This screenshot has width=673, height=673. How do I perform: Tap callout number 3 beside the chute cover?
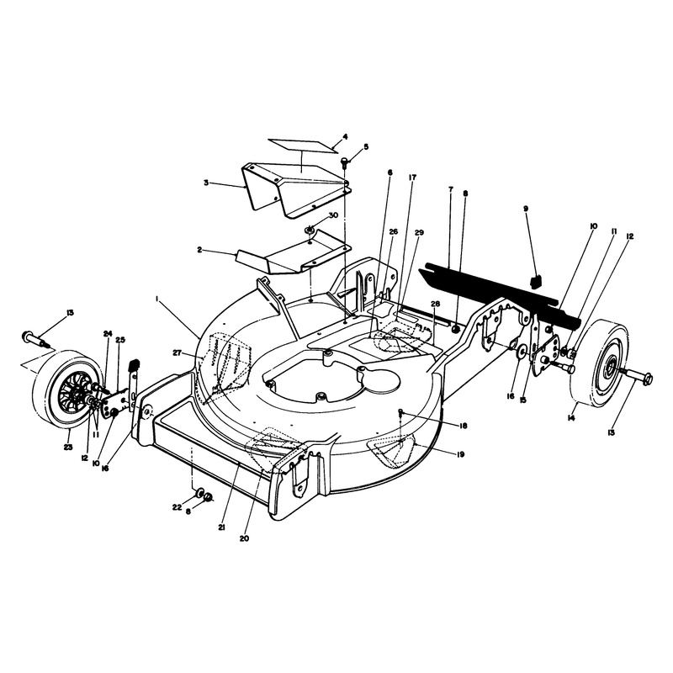pyautogui.click(x=206, y=183)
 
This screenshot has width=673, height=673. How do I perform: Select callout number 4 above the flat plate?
pyautogui.click(x=345, y=136)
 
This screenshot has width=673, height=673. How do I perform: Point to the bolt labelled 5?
pyautogui.click(x=344, y=162)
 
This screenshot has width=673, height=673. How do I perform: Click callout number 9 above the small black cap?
pyautogui.click(x=526, y=209)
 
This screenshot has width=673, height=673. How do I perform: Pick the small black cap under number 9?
pyautogui.click(x=536, y=281)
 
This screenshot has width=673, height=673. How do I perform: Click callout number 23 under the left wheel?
pyautogui.click(x=68, y=448)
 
